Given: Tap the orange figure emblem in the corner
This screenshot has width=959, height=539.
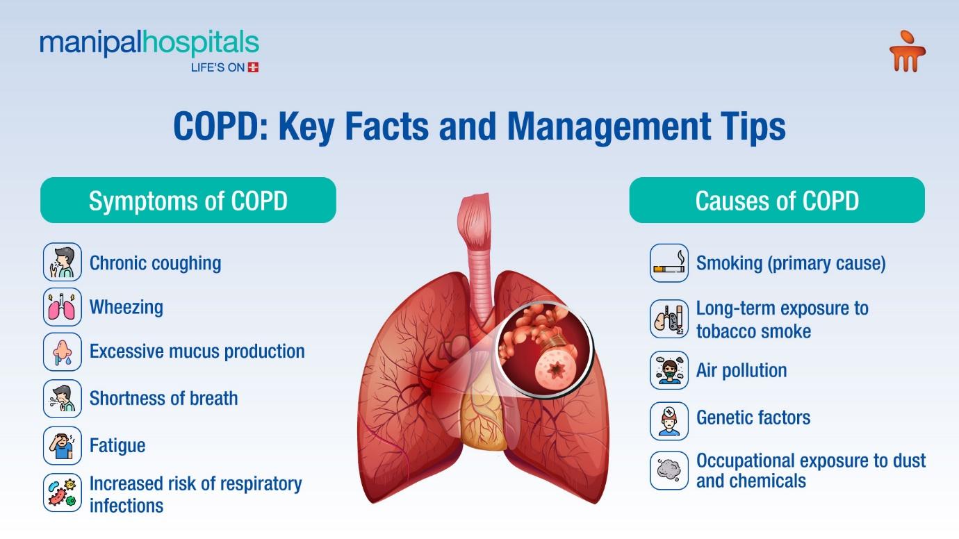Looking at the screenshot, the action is tap(907, 51).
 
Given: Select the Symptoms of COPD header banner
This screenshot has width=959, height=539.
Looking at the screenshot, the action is tap(188, 200).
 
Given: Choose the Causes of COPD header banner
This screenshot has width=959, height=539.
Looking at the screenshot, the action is tap(777, 200).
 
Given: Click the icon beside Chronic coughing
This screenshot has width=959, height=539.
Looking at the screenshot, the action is tap(63, 262).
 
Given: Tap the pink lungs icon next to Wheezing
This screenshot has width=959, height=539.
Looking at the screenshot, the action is tap(63, 307).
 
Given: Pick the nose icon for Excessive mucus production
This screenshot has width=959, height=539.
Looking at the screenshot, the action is tap(63, 351).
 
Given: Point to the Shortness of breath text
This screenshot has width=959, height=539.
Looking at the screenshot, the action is tap(163, 398).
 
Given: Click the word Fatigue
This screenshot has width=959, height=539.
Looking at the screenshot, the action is tap(117, 446).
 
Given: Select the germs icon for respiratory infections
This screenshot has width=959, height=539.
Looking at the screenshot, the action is tap(63, 492).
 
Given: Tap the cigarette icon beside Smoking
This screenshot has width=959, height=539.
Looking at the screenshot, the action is tap(669, 263).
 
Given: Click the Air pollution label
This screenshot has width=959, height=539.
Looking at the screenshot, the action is tap(741, 370).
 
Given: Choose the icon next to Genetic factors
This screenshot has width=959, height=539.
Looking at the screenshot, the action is tap(669, 421).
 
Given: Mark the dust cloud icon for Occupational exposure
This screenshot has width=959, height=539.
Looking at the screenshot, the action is tap(669, 470).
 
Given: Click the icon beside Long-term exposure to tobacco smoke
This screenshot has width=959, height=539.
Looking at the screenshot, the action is tap(669, 319).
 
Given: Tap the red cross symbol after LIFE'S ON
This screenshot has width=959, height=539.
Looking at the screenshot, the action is tap(253, 67).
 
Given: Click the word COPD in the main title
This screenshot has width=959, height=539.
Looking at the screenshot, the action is tap(221, 126).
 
